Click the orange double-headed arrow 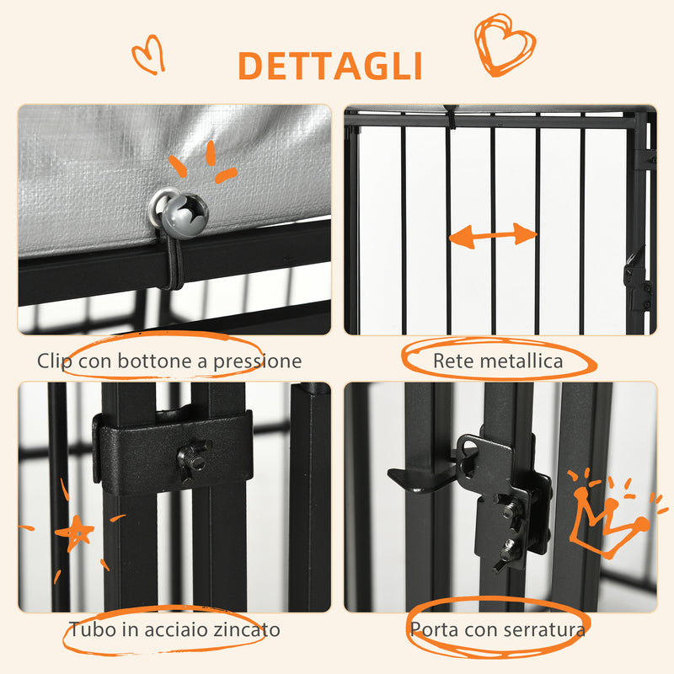[493, 236]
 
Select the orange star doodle [77, 532]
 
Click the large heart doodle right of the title [504, 44]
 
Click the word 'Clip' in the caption [55, 361]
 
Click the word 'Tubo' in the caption [89, 629]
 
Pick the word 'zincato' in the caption [249, 629]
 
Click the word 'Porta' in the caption [432, 629]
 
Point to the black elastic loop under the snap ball [172, 260]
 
